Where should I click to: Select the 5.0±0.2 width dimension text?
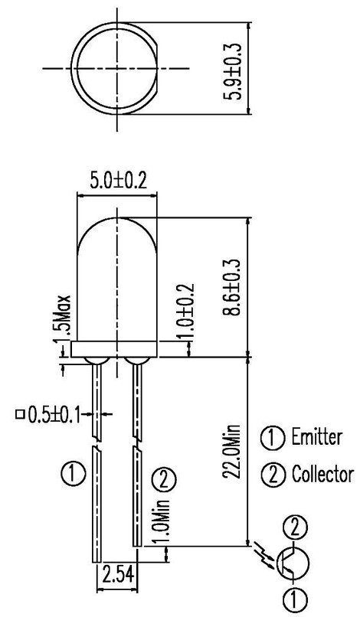[x=118, y=181]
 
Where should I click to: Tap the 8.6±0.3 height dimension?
[x=231, y=287]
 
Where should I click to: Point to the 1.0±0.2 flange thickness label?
[x=186, y=312]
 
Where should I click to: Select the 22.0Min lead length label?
[x=231, y=452]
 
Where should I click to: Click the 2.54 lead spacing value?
[x=118, y=574]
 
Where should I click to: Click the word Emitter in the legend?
[x=316, y=437]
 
